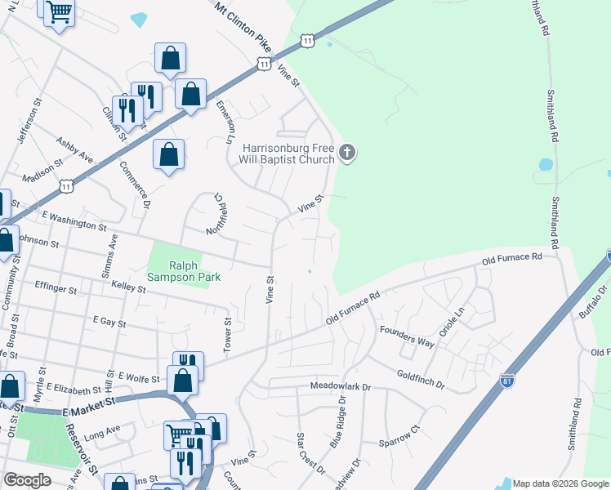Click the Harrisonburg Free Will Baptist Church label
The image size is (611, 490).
click(288, 154)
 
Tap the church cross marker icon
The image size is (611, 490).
click(348, 153)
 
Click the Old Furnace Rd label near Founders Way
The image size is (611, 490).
click(354, 307)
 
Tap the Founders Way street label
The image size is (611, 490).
click(406, 336)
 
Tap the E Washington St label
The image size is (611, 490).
click(74, 220)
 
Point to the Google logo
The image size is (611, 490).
click(26, 480)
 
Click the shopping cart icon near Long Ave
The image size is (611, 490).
click(178, 434)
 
